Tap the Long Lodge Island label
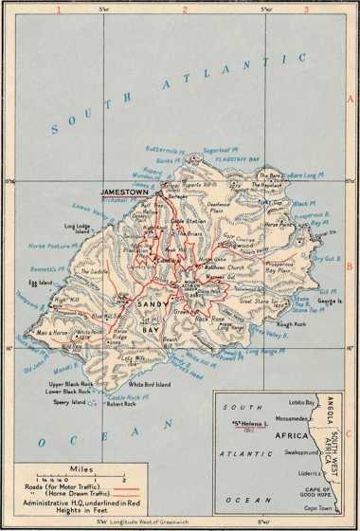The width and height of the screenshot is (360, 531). coord(76,229)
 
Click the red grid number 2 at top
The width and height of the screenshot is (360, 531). coord(187,9)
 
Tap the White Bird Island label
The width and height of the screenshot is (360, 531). coord(150,385)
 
